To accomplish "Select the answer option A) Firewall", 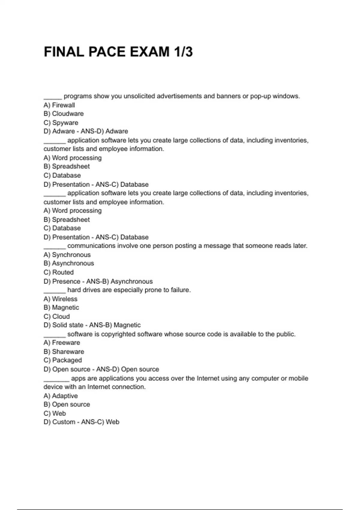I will pos(59,105).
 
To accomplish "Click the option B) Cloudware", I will pos(64,114).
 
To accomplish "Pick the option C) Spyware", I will pos(61,123).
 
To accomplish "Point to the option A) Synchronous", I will pos(67,255).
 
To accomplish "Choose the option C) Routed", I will pos(58,272).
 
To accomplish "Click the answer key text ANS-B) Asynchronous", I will pos(119,281).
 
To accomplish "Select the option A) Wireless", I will pos(60,299).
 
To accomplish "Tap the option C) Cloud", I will pos(57,316).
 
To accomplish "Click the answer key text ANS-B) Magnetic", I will pos(115,325).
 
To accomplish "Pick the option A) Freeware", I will pos(62,343).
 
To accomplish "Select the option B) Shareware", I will pos(64,352).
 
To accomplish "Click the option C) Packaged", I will pos(63,360).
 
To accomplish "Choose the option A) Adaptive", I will pos(61,396).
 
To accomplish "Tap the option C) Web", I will pos(55,413).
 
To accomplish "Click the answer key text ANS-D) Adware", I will pos(104,131).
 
